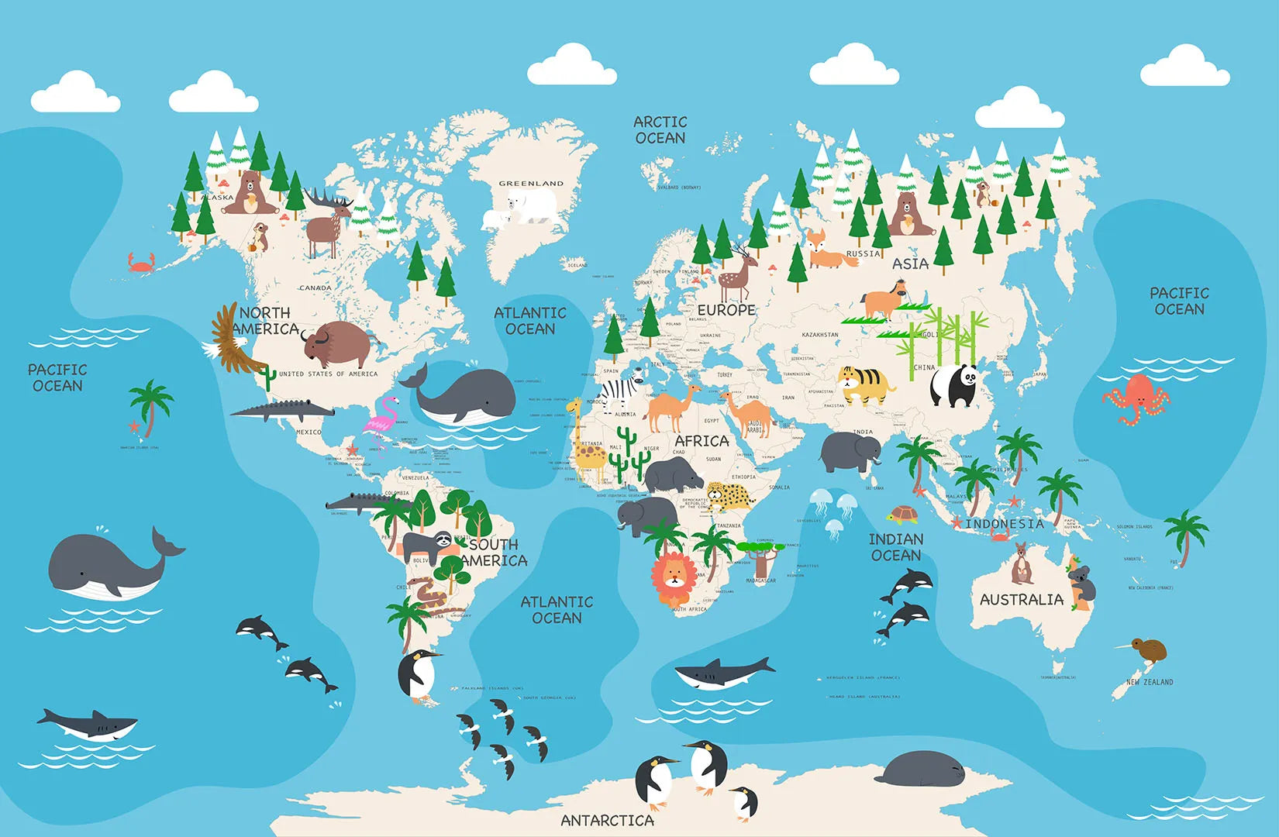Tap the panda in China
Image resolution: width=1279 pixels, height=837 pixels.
[x=953, y=385]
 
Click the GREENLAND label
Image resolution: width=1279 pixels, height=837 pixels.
[x=531, y=184]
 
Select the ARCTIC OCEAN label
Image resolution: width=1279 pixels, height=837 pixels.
[x=660, y=130]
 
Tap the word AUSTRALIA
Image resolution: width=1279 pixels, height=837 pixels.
[x=1022, y=600]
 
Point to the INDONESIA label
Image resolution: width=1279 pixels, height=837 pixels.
[x=1005, y=524]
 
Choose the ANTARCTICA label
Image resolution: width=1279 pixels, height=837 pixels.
[x=607, y=820]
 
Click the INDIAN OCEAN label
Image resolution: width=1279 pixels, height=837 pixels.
[x=896, y=547]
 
